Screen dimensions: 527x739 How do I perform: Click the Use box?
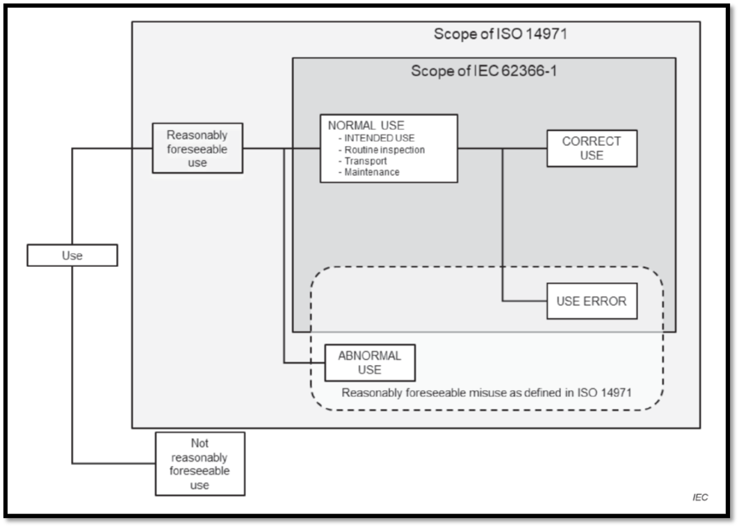point(72,255)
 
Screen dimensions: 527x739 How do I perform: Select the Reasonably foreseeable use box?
point(197,148)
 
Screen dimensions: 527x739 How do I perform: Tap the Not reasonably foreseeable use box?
point(200,463)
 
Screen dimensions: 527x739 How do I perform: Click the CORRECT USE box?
point(592,148)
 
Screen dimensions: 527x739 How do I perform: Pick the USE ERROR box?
point(592,301)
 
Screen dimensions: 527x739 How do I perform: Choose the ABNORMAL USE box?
point(370,362)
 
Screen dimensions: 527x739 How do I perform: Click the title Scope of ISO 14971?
point(501,33)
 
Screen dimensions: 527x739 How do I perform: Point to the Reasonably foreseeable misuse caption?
point(487,392)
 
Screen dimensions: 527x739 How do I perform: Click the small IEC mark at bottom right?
point(699,498)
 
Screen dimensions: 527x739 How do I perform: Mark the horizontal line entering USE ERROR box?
point(525,301)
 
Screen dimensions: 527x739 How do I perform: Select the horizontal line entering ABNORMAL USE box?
point(306,362)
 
